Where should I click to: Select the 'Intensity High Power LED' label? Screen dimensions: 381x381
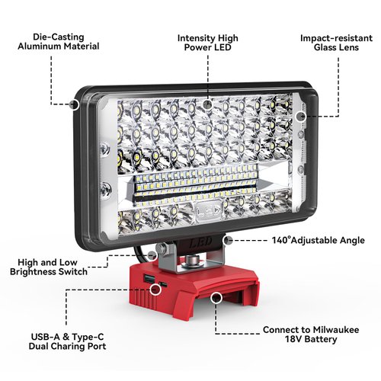click(207, 40)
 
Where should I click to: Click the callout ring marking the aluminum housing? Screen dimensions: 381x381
click(75, 101)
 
